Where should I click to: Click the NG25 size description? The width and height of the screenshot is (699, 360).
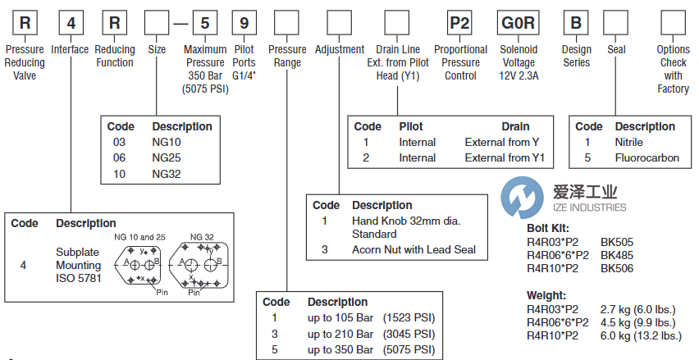pyautogui.click(x=167, y=158)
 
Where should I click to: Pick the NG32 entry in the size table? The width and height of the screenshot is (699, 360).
pyautogui.click(x=167, y=174)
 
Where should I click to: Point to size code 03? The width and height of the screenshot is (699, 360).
pyautogui.click(x=120, y=143)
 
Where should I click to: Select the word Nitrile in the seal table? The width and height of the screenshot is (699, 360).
pyautogui.click(x=629, y=142)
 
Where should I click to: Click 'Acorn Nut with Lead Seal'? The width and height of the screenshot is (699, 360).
pyautogui.click(x=413, y=250)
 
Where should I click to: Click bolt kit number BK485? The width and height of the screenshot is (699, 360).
pyautogui.click(x=616, y=254)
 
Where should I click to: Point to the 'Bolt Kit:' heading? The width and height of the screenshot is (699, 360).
pyautogui.click(x=547, y=229)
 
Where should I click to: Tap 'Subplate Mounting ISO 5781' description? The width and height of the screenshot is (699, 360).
pyautogui.click(x=79, y=265)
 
